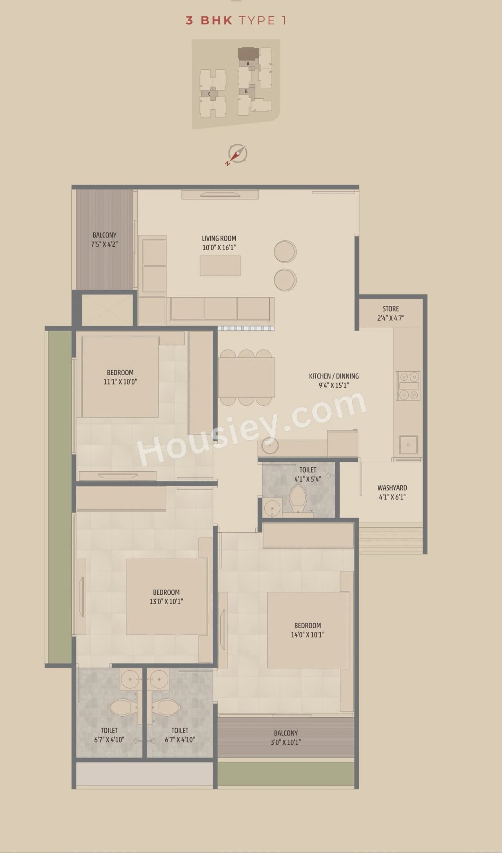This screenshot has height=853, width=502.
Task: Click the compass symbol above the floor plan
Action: click(x=236, y=154)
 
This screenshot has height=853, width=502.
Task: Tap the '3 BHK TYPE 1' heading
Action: click(x=236, y=20)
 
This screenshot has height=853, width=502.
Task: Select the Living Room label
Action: click(x=219, y=243)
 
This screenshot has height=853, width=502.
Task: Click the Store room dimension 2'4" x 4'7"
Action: click(x=391, y=318)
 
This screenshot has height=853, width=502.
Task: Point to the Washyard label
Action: click(x=392, y=488)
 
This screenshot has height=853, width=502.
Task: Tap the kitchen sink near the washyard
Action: click(x=408, y=445)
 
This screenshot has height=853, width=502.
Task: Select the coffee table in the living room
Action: click(x=220, y=266)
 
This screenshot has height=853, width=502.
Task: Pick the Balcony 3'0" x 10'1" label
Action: click(x=286, y=737)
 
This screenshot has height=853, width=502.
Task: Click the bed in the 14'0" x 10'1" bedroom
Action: click(x=308, y=630)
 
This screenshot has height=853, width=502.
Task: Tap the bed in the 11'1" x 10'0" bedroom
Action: click(x=120, y=377)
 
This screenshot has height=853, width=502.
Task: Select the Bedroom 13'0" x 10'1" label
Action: click(x=166, y=597)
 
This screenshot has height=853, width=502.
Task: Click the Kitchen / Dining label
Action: click(x=334, y=380)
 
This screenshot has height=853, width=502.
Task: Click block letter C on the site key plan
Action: click(x=209, y=94)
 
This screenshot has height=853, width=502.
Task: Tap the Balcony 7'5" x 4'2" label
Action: click(x=104, y=239)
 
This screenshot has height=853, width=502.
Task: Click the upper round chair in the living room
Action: click(x=285, y=251)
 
